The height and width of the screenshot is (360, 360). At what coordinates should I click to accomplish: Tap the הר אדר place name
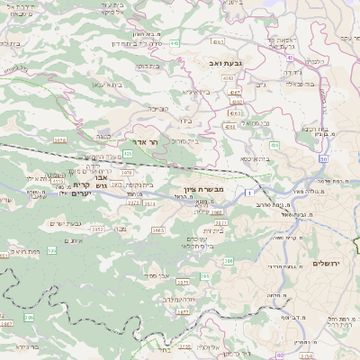(x=165, y=142)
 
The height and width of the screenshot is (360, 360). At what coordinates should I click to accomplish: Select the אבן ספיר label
(x=158, y=274)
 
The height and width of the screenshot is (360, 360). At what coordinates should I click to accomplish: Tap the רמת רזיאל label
(x=20, y=253)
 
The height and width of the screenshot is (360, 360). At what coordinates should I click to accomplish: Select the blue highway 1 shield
(x=248, y=191)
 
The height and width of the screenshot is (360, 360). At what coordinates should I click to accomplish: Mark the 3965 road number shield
(x=157, y=230)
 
